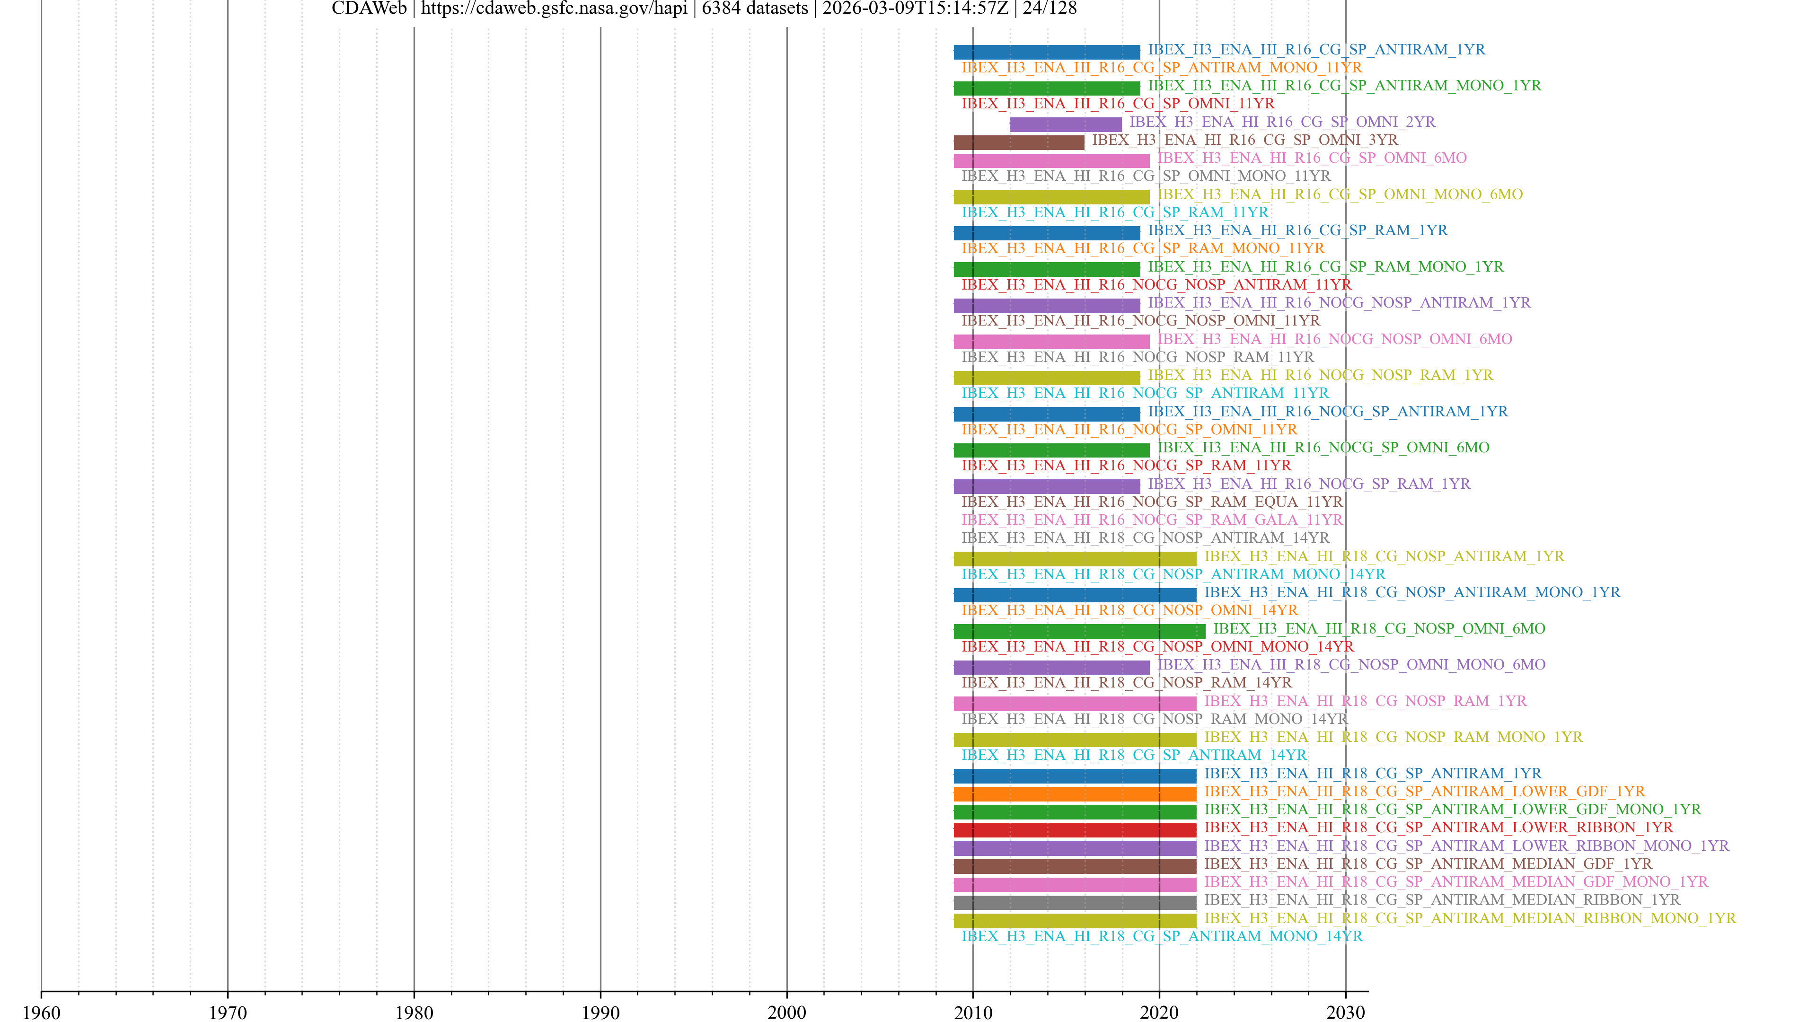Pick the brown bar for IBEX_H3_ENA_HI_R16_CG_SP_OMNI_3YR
[x=1019, y=142]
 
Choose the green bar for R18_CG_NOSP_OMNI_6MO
[x=1079, y=631]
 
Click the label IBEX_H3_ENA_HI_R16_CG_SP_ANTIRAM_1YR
[x=1316, y=49]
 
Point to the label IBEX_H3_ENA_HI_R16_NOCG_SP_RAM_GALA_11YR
[x=1152, y=520]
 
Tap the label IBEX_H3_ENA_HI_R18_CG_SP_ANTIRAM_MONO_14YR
[x=1162, y=936]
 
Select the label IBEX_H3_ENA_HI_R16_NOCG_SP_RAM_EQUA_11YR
[x=1152, y=502]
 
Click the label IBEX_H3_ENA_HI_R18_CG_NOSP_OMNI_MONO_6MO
[x=1351, y=664]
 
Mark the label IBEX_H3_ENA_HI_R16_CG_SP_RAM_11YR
[x=1114, y=212]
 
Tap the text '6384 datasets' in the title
[x=755, y=9]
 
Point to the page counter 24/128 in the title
[x=1050, y=9]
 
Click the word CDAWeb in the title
[x=369, y=9]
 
